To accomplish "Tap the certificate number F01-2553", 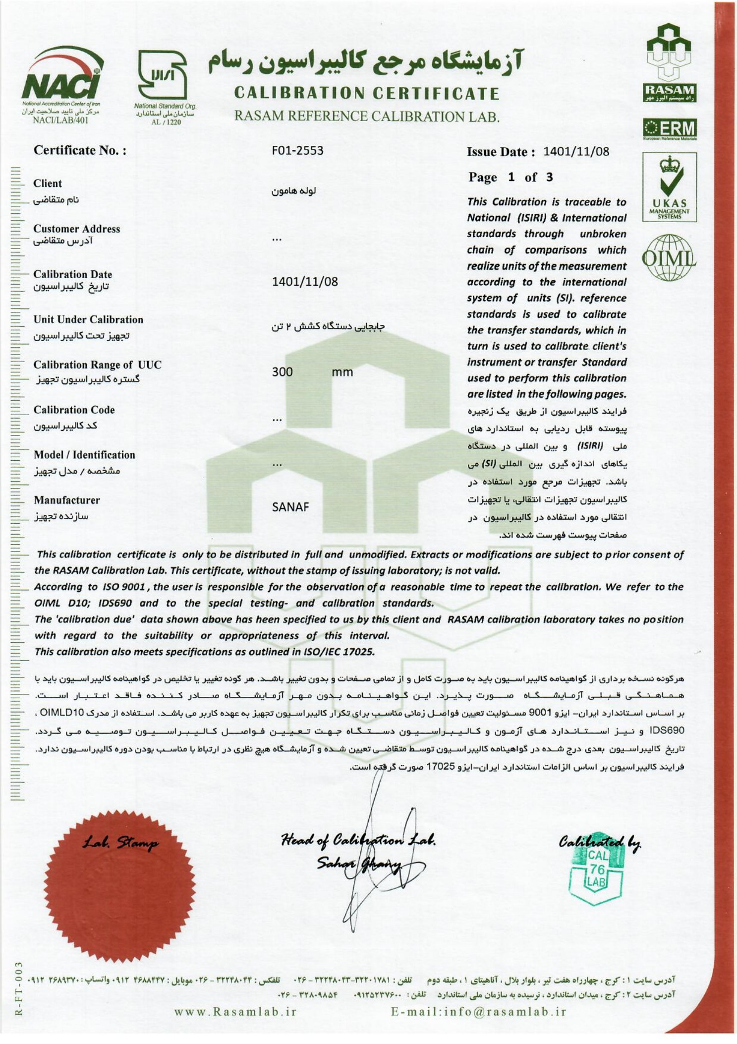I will point(297,150).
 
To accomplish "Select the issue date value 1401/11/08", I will point(576,152).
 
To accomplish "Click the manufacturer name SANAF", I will point(290,507).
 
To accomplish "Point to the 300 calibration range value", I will point(282,372).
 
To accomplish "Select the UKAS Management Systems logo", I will point(669,187).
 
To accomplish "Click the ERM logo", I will point(669,129).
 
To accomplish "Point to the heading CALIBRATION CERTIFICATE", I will point(367,93).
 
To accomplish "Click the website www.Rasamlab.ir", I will point(235,1012).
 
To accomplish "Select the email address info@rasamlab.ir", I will point(478,1012).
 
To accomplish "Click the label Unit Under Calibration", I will point(88,320).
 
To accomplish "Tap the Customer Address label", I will point(76,229).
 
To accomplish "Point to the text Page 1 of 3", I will point(510,178).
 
